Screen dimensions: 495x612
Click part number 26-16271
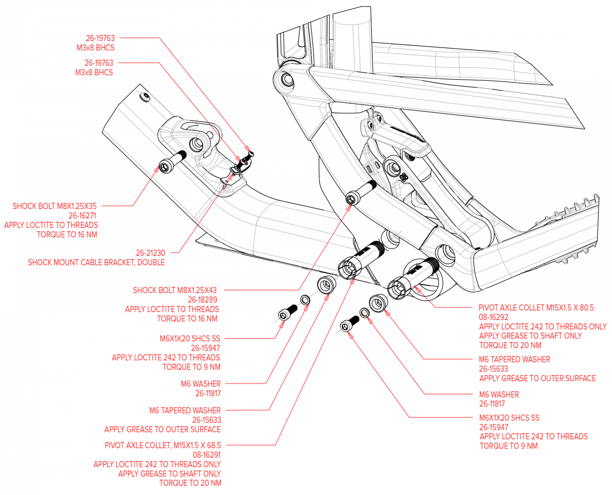click(x=82, y=215)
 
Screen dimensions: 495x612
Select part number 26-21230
click(x=150, y=253)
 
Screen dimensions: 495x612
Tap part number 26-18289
click(x=203, y=300)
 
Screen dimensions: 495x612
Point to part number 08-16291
click(x=207, y=455)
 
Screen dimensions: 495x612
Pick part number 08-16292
click(x=493, y=317)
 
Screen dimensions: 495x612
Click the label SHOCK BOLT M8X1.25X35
click(x=54, y=206)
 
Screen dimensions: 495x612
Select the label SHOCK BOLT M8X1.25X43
click(x=175, y=290)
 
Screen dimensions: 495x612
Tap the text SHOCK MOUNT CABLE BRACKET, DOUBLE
click(x=96, y=263)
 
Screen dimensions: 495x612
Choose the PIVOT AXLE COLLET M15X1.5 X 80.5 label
click(x=536, y=308)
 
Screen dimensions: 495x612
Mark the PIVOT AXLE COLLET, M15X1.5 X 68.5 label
click(x=163, y=445)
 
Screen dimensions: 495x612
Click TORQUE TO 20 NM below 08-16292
click(x=510, y=345)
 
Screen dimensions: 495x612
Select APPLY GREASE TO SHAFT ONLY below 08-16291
click(x=170, y=473)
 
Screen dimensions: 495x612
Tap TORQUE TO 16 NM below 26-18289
click(x=187, y=319)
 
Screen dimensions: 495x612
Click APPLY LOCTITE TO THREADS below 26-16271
click(x=51, y=225)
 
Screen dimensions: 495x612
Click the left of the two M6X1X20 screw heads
click(x=283, y=316)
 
